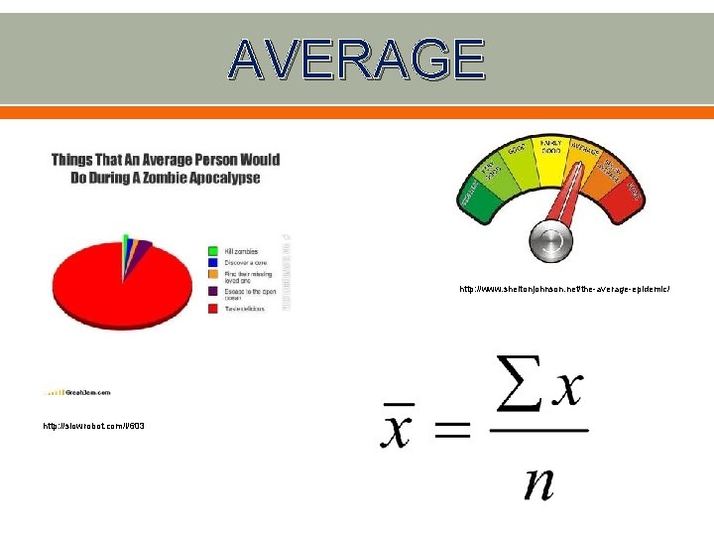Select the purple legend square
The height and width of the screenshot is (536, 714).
coord(213,290)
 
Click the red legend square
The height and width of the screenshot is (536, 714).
coord(213,309)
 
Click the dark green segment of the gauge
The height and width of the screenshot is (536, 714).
coord(471,199)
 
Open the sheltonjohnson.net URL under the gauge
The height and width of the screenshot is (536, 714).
coord(564,289)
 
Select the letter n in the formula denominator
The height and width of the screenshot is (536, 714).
coord(539,482)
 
